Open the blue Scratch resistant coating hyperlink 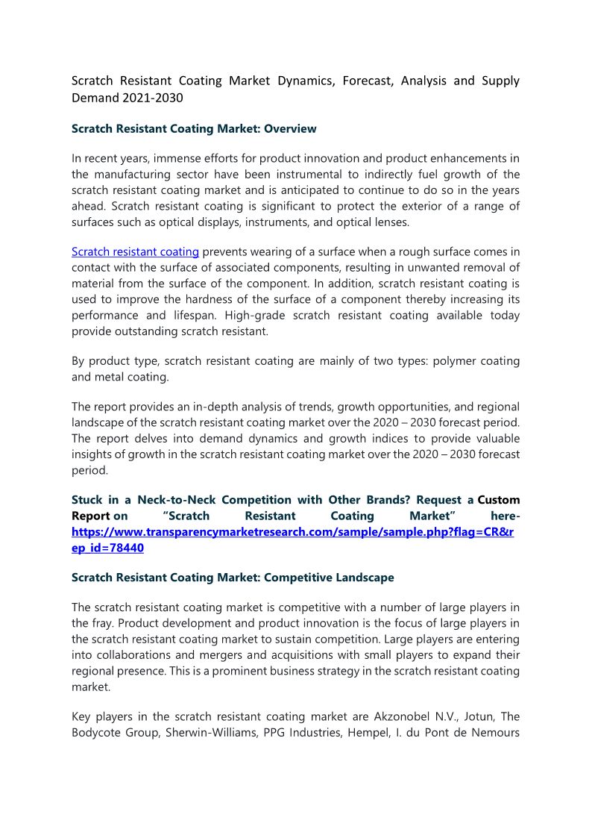click(135, 252)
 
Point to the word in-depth click(212, 407)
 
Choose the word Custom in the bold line click(499, 499)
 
